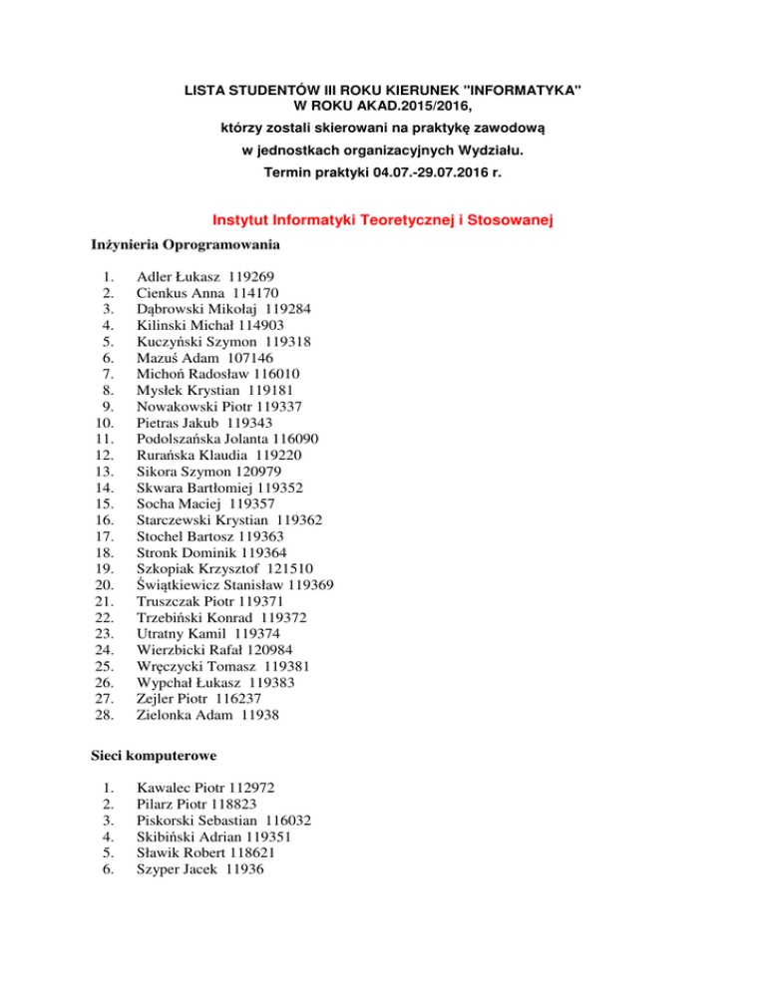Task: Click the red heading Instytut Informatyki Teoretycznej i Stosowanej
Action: click(x=383, y=219)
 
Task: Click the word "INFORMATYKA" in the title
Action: click(x=527, y=91)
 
